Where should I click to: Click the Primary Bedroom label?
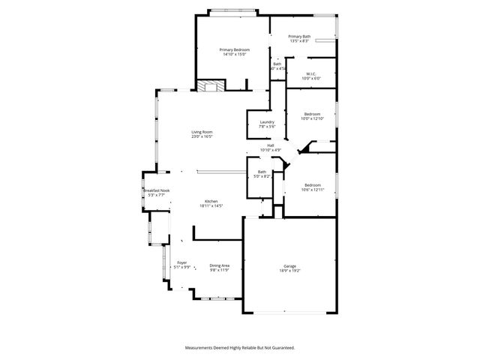[235, 49]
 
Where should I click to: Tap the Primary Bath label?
[299, 36]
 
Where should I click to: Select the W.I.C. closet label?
[311, 73]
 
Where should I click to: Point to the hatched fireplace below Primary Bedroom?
[209, 86]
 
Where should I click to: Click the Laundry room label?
[267, 122]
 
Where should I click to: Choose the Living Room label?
[202, 132]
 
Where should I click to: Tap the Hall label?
[270, 145]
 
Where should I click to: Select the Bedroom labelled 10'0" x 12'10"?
[311, 114]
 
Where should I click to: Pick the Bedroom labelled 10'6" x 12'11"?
[313, 184]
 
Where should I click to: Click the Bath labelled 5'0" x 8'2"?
[262, 172]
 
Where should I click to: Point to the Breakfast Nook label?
[156, 190]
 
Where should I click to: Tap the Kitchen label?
[211, 201]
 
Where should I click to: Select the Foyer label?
[181, 262]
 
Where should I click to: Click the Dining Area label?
[220, 265]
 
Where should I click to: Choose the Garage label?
[290, 265]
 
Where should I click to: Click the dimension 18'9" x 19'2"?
[290, 271]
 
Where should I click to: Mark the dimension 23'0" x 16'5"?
[202, 137]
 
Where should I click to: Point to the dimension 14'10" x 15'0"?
[235, 55]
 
